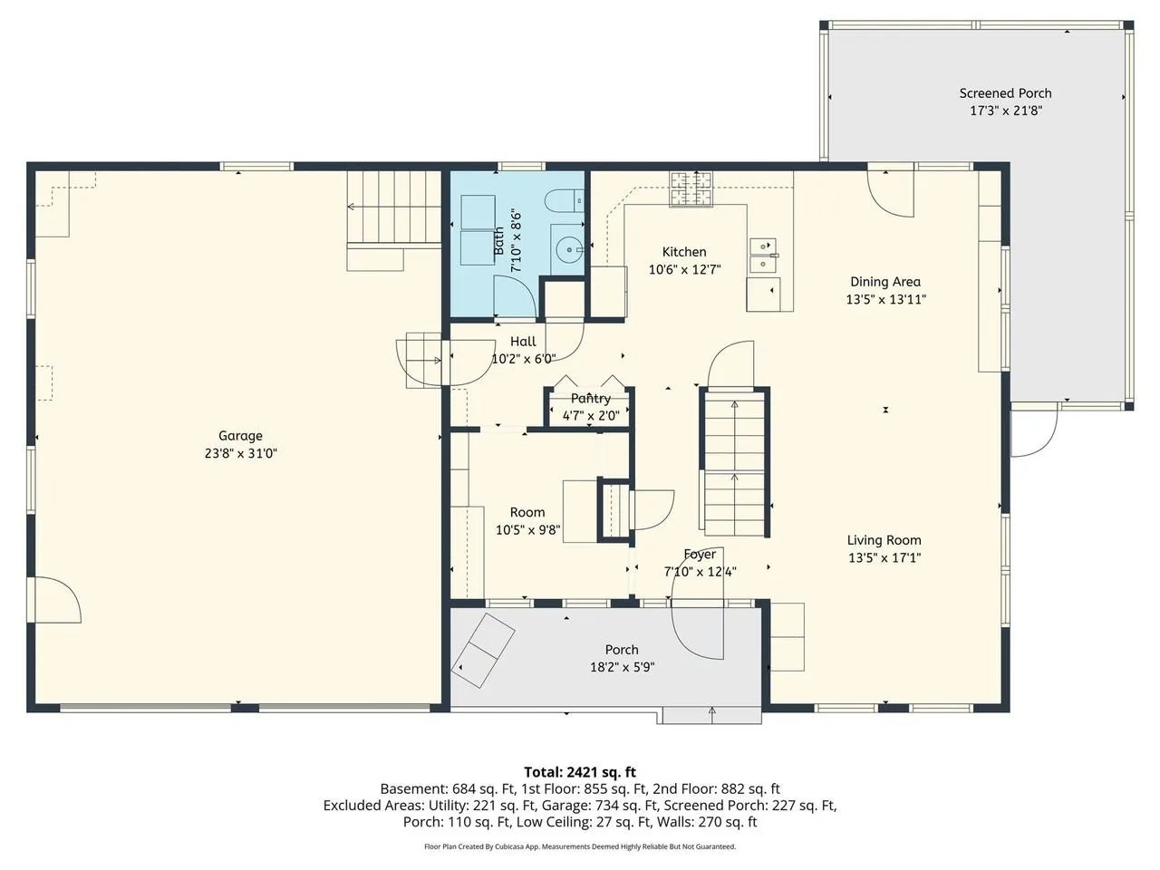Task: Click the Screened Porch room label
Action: coord(1005,93)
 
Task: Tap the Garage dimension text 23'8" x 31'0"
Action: coord(241,453)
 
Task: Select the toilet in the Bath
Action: coord(565,200)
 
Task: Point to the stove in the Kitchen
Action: coord(691,188)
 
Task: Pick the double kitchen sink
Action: coord(764,255)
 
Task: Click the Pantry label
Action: coord(590,398)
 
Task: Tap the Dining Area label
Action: coord(885,282)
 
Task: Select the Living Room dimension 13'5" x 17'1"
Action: coord(884,557)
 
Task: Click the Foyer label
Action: coord(700,554)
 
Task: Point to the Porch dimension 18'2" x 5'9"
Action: coord(622,667)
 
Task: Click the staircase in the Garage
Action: coord(394,207)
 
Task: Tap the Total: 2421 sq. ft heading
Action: coord(580,772)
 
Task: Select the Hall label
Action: coord(523,342)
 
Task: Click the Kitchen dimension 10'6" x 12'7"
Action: coord(684,269)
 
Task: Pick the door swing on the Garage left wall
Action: coord(53,600)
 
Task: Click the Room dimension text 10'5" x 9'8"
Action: coord(527,529)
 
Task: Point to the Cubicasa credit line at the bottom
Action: coord(580,846)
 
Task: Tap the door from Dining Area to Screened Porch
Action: coord(891,193)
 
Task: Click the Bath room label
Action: coord(498,241)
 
